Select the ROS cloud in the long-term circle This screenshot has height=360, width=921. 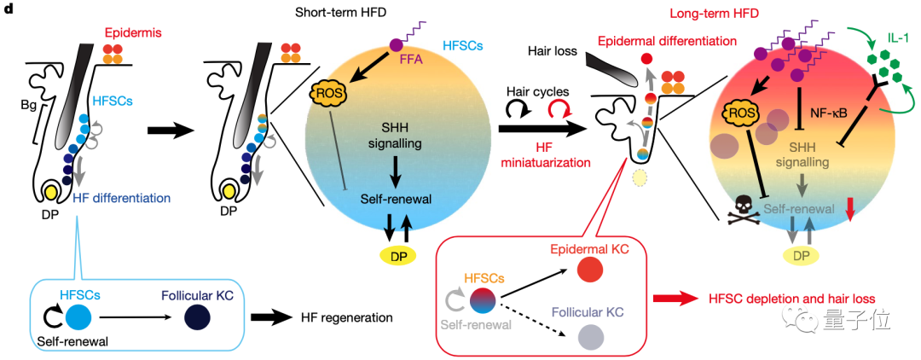point(737,112)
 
